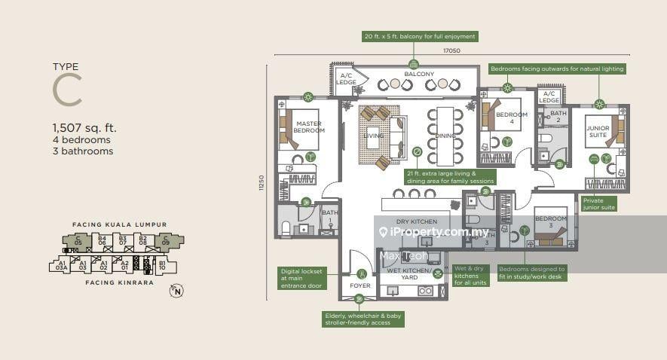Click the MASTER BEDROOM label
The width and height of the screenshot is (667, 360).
pos(309,127)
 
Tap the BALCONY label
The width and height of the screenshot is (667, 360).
pos(419,74)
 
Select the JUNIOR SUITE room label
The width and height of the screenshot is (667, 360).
pos(598,133)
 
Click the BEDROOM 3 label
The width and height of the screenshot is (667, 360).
pos(550,222)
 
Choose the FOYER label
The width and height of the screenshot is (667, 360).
pos(360,286)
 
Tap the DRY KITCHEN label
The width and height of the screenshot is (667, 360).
pos(416,221)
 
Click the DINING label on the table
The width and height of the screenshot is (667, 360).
pos(445,136)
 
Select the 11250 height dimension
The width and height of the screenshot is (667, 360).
pos(262,183)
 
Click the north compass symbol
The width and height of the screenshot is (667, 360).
pos(176,291)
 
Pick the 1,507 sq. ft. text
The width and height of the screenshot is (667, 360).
pos(84,128)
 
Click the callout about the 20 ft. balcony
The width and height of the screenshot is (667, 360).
pos(420,36)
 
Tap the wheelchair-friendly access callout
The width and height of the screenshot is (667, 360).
pos(363,319)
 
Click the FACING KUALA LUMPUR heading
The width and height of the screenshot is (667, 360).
pos(119,224)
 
